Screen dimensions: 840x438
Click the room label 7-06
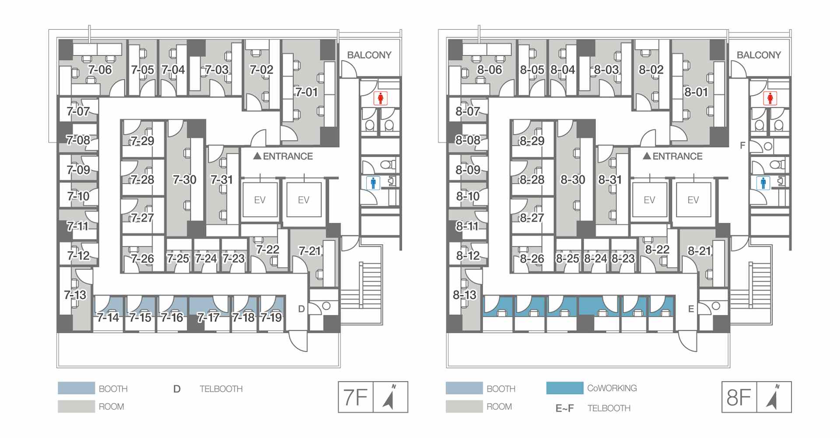coord(100,70)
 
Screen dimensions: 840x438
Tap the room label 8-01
coord(696,92)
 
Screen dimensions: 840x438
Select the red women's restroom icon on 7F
coord(380,99)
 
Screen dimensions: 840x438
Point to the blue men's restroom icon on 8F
coord(763,183)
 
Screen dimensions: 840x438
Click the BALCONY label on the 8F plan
coord(759,55)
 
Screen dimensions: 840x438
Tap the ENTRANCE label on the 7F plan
coord(283,156)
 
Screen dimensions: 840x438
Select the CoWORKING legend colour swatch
coord(564,388)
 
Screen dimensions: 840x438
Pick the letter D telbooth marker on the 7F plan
coord(301,309)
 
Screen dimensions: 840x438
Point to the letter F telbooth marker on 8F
coord(742,145)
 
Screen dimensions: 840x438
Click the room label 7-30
coord(184,180)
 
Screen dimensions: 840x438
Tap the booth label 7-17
coord(208,317)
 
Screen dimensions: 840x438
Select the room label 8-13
coord(465,295)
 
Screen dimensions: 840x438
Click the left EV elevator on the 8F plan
coord(649,200)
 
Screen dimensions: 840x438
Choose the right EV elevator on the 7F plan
coord(304,200)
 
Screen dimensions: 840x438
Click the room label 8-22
coord(657,249)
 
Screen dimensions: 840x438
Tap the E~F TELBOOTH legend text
coord(593,408)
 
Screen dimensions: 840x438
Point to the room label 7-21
coord(310,251)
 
